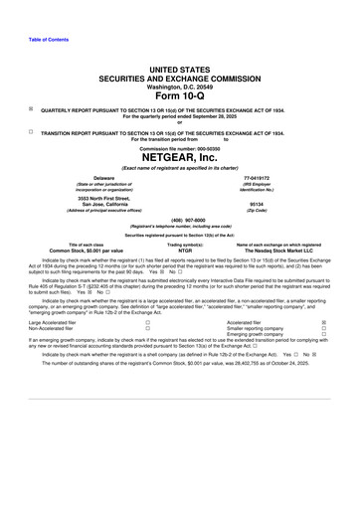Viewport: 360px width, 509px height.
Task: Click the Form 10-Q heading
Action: [x=180, y=95]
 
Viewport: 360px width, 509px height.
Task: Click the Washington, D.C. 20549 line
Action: [x=180, y=84]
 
